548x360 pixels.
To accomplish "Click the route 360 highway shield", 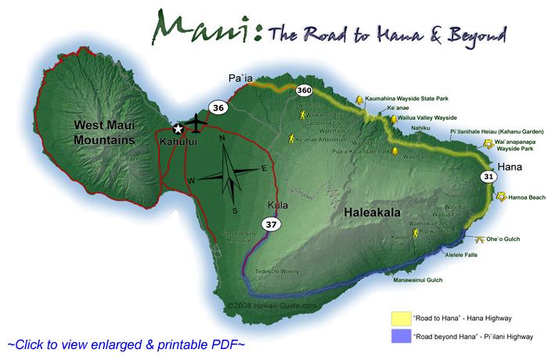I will [305, 92].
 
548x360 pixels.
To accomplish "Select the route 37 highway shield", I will [272, 225].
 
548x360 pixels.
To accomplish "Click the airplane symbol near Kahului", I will [196, 124].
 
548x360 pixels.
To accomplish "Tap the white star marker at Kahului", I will [178, 129].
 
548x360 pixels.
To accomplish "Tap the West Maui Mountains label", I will [106, 132].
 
